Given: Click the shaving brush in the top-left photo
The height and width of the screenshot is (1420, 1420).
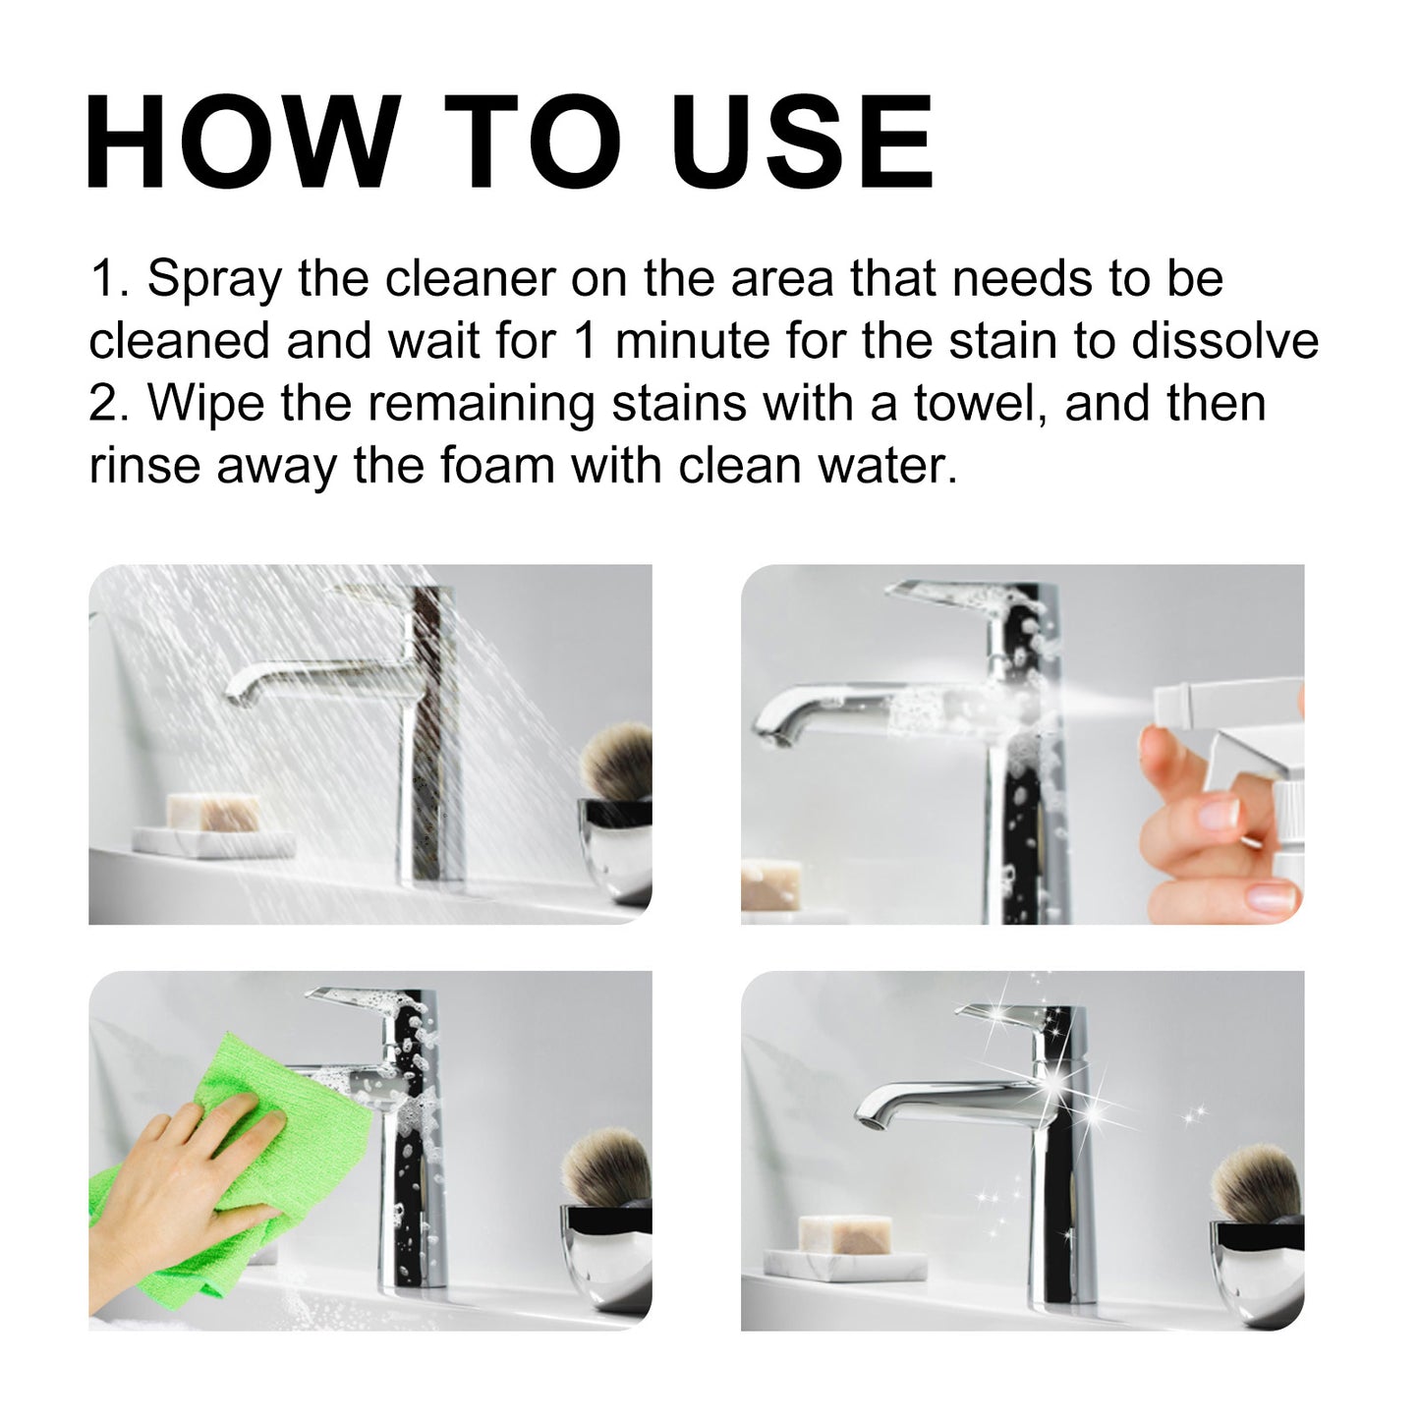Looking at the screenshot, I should [617, 762].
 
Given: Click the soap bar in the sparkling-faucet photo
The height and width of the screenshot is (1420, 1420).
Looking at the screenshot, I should [845, 1234].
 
